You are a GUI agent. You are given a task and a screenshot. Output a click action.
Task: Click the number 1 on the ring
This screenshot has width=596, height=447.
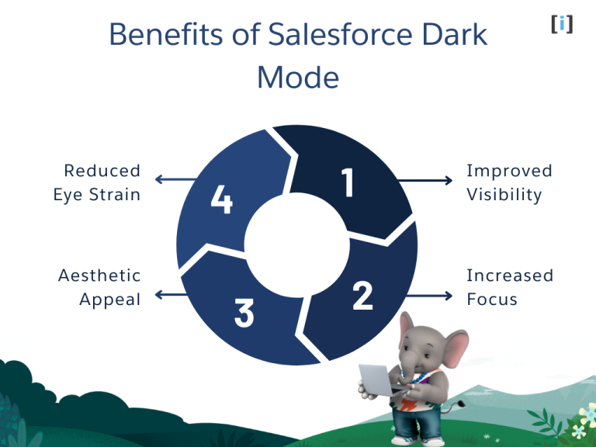point(347,184)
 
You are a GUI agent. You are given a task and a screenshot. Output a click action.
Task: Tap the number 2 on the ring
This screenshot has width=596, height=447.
point(362,296)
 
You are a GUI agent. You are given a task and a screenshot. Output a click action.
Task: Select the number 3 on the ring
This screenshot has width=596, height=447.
point(244,313)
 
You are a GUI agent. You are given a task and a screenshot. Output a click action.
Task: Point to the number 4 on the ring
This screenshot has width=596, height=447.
point(222,202)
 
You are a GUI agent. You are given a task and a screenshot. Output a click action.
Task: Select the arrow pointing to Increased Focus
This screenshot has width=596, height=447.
point(428,296)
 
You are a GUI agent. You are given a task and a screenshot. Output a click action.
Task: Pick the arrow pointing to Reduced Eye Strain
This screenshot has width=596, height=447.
point(175,180)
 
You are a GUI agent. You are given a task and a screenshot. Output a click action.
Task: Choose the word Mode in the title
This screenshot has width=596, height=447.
point(298,78)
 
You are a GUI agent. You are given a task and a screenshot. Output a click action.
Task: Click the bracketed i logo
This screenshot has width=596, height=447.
point(562,24)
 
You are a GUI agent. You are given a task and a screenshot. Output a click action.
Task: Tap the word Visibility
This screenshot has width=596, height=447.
point(504,195)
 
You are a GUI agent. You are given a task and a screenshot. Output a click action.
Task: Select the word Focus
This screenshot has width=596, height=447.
point(491,300)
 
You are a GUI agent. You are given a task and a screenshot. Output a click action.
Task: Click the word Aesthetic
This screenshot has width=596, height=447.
point(99,275)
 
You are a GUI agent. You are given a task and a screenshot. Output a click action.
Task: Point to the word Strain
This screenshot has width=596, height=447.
point(115,195)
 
